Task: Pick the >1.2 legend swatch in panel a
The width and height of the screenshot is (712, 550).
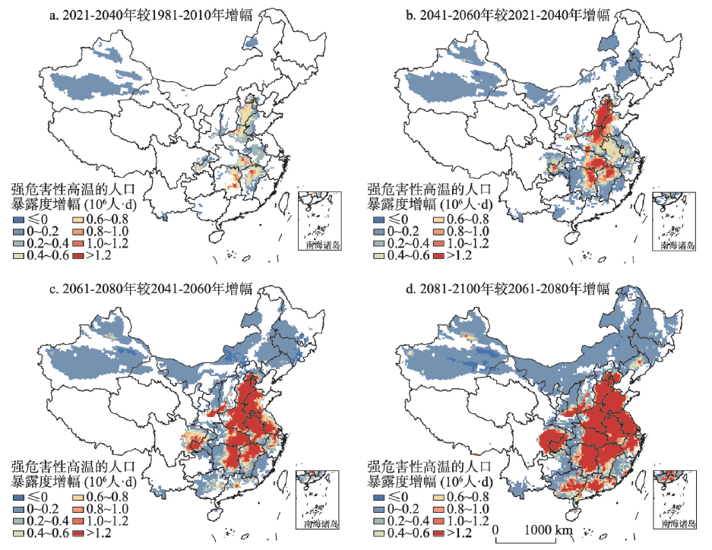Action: click(x=79, y=255)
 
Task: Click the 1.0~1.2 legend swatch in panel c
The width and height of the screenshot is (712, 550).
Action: click(x=79, y=523)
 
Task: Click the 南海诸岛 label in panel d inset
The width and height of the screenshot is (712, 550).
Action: click(x=678, y=524)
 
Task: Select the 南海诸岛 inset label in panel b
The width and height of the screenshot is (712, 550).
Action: click(x=678, y=245)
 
